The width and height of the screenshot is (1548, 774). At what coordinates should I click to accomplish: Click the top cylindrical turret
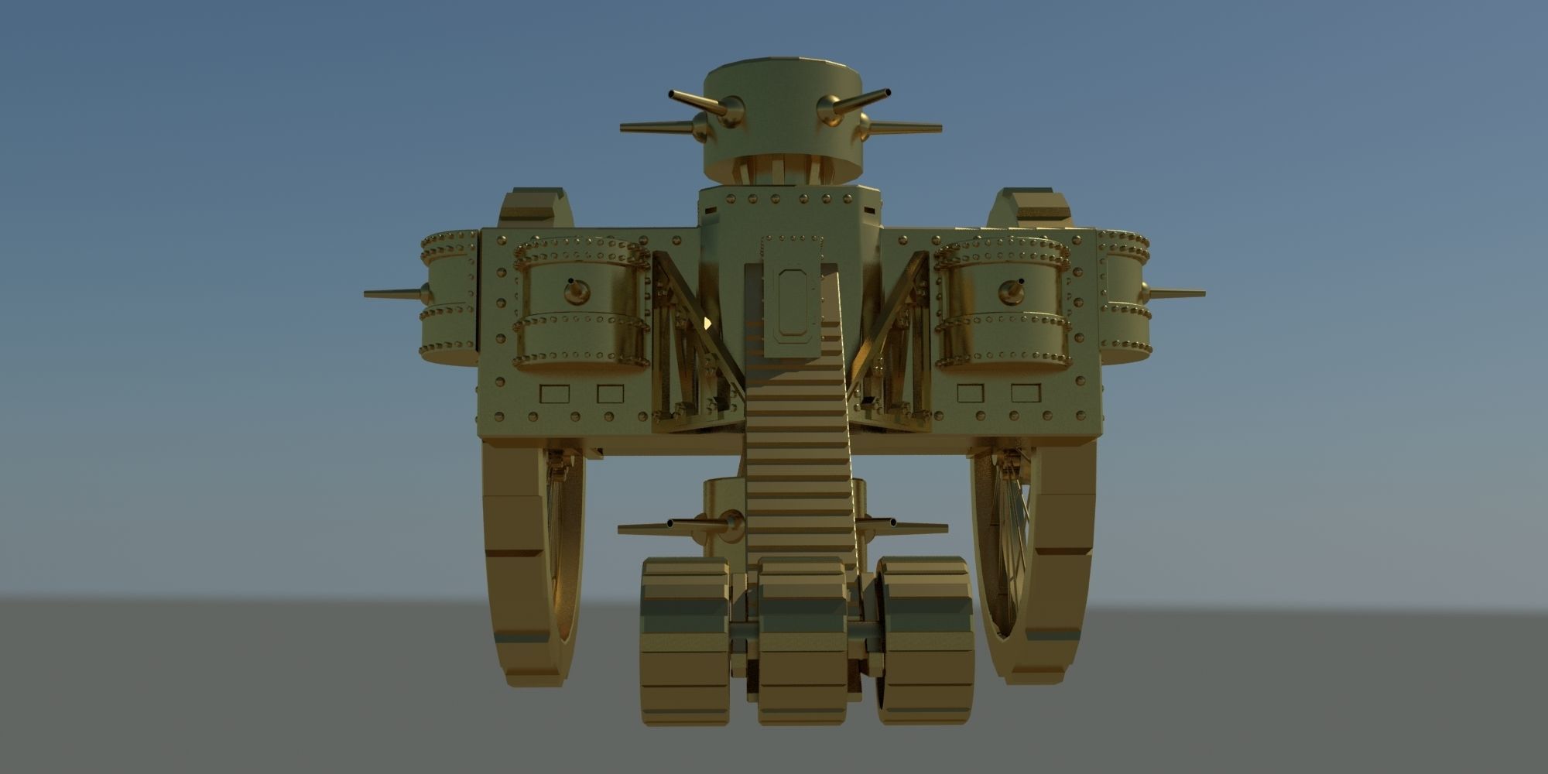pyautogui.click(x=782, y=116)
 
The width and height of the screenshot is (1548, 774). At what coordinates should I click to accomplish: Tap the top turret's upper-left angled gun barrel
pyautogui.click(x=697, y=101)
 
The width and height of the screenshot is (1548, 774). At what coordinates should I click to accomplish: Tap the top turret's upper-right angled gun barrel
pyautogui.click(x=865, y=101)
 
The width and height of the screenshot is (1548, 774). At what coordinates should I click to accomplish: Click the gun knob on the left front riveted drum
pyautogui.click(x=576, y=292)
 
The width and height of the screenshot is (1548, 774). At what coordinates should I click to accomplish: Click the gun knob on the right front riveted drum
pyautogui.click(x=1011, y=291)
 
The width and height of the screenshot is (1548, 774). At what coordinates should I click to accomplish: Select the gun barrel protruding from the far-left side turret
pyautogui.click(x=391, y=294)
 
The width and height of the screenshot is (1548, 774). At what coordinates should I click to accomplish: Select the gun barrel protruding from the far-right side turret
pyautogui.click(x=1176, y=293)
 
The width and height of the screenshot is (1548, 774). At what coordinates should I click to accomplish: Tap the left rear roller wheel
pyautogui.click(x=685, y=642)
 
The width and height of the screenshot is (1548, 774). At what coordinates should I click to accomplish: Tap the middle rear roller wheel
pyautogui.click(x=802, y=642)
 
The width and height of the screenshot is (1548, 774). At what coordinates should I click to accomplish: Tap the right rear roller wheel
pyautogui.click(x=925, y=642)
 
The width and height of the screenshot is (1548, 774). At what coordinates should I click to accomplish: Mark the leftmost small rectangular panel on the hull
pyautogui.click(x=554, y=394)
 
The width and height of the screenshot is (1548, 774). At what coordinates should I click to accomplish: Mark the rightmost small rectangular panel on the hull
pyautogui.click(x=1025, y=393)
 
